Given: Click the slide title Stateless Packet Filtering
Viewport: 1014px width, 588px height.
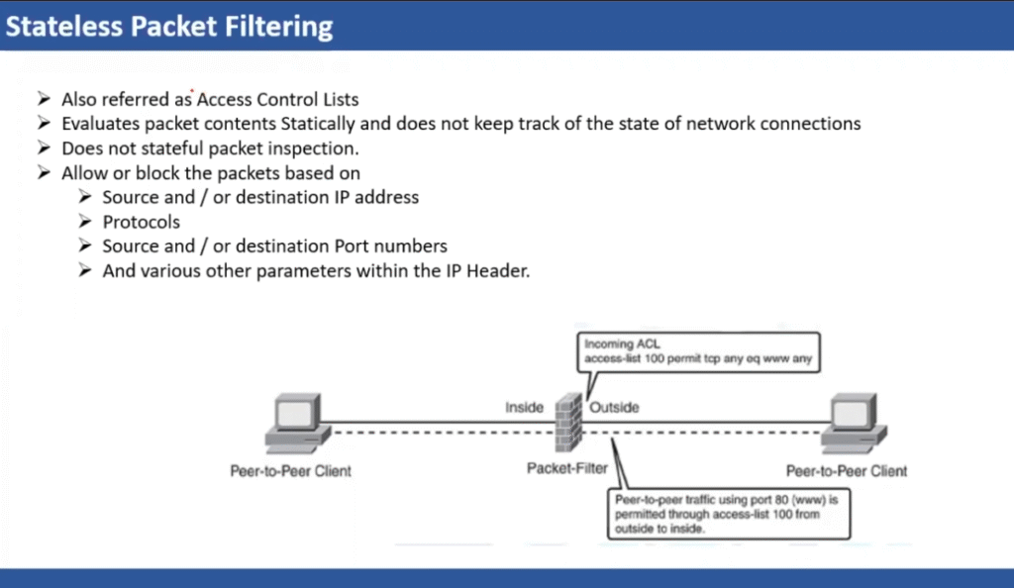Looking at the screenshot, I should pyautogui.click(x=169, y=25).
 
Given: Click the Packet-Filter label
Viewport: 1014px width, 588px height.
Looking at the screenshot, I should pyautogui.click(x=567, y=467).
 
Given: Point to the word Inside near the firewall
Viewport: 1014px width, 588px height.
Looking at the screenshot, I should pyautogui.click(x=525, y=407).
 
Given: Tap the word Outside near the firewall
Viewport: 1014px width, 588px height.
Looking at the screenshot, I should pyautogui.click(x=614, y=407).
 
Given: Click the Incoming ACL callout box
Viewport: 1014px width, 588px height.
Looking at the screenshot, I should pyautogui.click(x=698, y=352).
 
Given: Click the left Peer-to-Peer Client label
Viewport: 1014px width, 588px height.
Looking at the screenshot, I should pyautogui.click(x=290, y=471).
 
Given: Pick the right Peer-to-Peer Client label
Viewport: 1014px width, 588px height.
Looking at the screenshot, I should pyautogui.click(x=847, y=471).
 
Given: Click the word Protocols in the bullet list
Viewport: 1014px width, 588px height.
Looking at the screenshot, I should pyautogui.click(x=142, y=222).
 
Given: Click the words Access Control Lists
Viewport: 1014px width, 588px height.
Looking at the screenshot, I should pyautogui.click(x=277, y=100).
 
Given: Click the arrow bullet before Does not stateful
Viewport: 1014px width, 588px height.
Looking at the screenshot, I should pyautogui.click(x=43, y=148).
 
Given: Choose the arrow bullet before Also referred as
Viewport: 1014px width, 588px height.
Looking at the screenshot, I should pyautogui.click(x=43, y=100).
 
